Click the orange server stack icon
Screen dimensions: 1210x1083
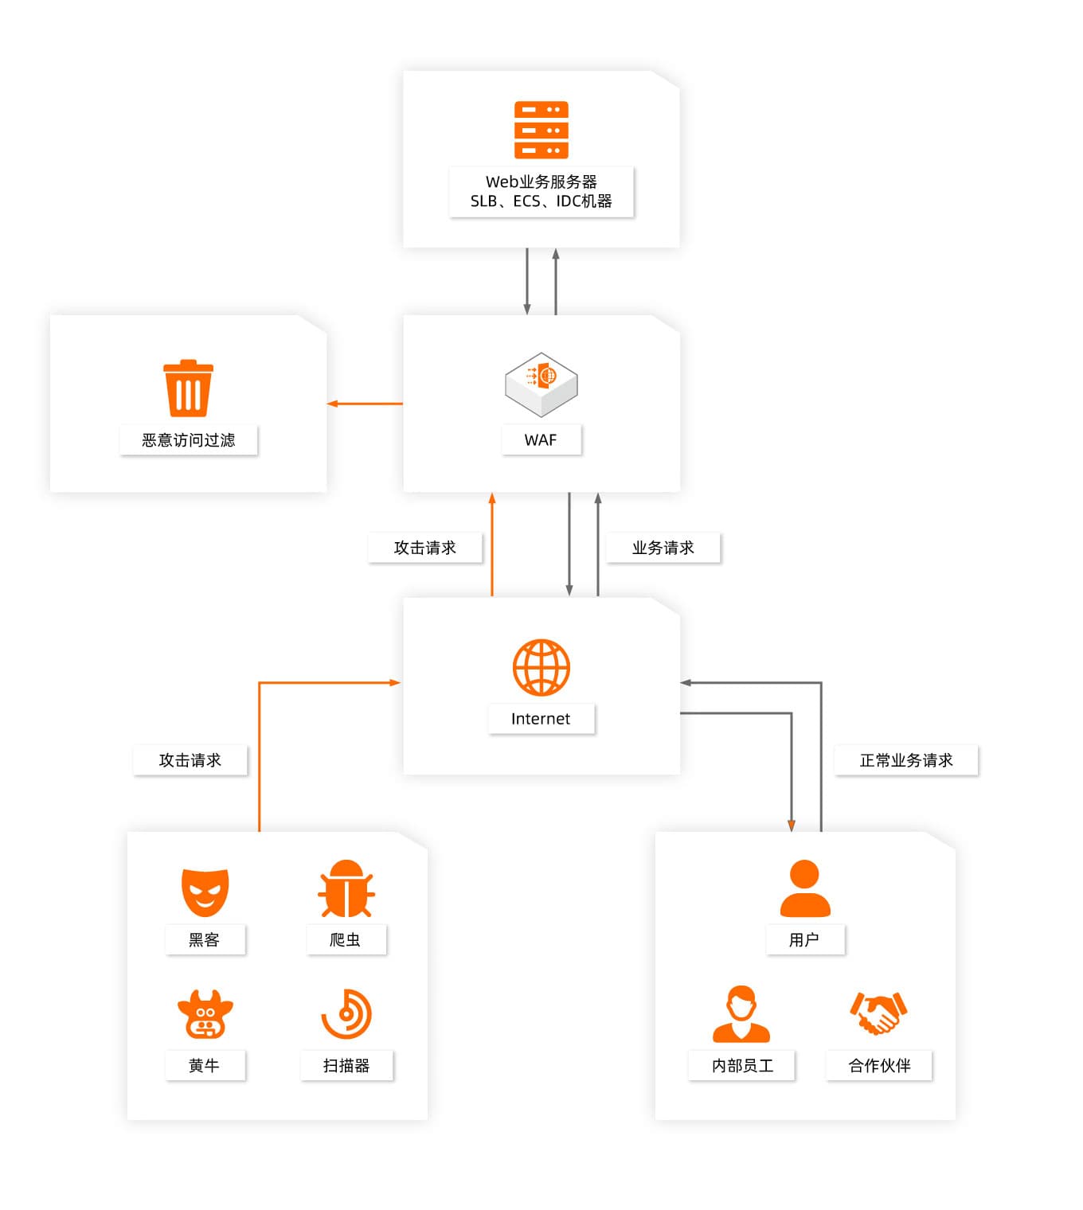[541, 130]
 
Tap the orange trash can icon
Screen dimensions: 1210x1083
[188, 388]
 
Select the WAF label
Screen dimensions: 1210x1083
[541, 440]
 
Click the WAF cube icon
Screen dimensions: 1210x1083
[541, 384]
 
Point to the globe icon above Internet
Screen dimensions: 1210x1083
[541, 667]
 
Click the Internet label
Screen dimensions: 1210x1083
[541, 719]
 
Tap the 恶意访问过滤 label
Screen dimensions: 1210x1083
[189, 440]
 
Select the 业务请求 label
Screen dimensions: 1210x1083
[663, 548]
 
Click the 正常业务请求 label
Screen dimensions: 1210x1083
[905, 760]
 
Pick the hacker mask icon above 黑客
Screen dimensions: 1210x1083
[205, 892]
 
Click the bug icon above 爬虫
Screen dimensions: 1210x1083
[346, 889]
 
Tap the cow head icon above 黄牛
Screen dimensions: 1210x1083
[205, 1015]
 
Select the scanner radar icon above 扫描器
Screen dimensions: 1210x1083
[346, 1014]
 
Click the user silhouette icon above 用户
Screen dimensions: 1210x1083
[804, 888]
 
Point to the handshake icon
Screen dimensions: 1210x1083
[878, 1013]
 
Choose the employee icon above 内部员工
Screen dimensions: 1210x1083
[741, 1014]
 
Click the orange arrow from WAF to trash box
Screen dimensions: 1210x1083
[365, 404]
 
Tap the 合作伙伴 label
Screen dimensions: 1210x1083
[879, 1066]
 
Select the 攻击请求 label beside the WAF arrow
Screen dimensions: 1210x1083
[424, 548]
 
